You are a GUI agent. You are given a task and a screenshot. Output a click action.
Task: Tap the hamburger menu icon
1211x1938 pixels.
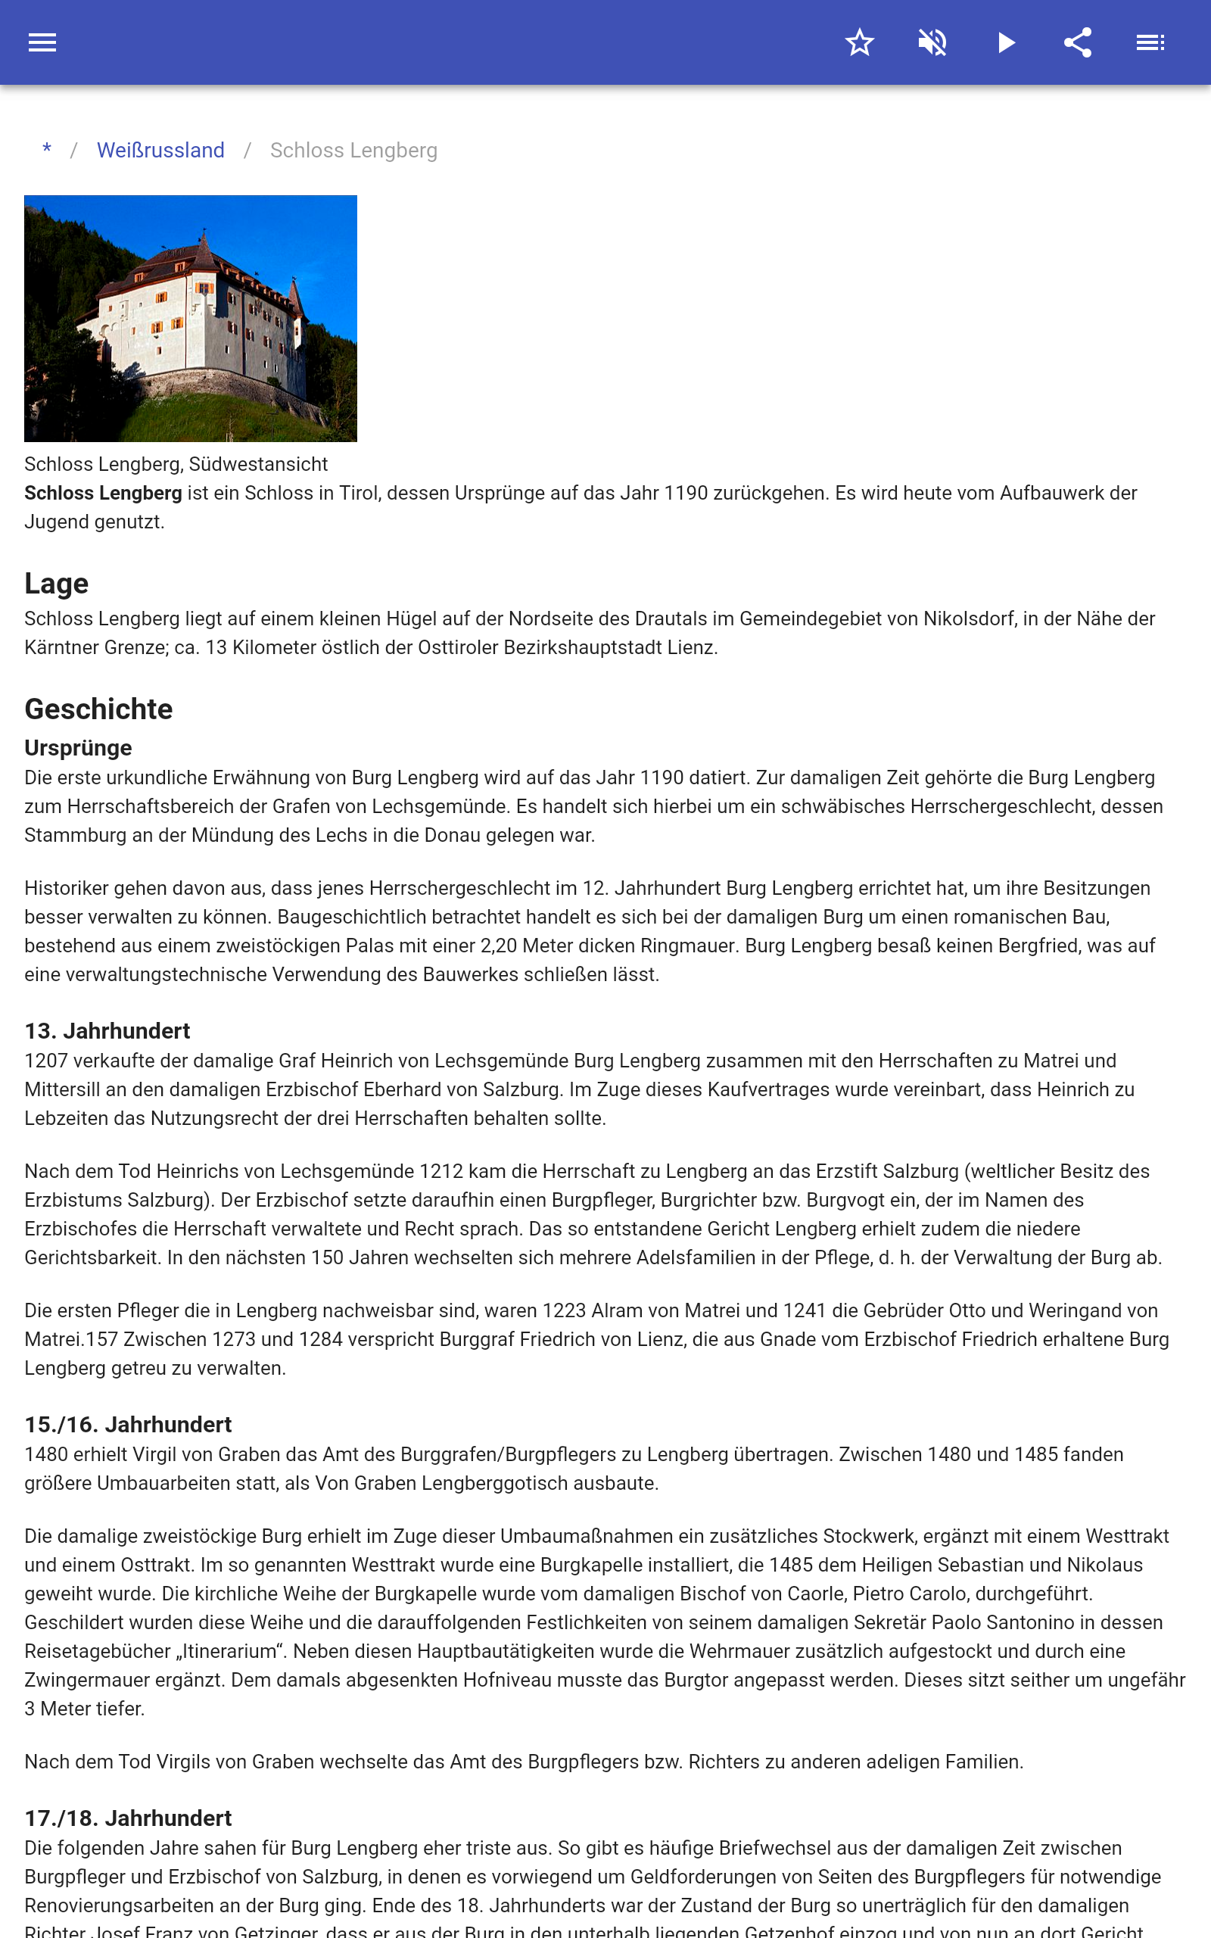(42, 42)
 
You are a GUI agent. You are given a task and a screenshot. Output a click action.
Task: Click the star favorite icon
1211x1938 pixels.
(859, 42)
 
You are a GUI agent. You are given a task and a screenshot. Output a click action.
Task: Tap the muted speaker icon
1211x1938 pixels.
(932, 42)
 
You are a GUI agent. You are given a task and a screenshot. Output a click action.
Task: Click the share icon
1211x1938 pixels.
(1078, 42)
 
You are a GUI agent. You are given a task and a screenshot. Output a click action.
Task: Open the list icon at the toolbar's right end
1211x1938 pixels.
(1150, 42)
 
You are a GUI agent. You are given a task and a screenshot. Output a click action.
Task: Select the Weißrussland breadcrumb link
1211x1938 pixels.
(160, 151)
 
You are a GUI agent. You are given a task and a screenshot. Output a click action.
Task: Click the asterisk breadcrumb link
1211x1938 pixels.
(47, 150)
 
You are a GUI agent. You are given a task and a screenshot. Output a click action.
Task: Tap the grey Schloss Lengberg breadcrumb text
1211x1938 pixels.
(353, 151)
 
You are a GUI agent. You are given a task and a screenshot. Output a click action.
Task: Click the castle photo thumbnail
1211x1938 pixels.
(191, 318)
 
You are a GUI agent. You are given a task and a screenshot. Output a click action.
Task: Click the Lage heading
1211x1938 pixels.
(56, 584)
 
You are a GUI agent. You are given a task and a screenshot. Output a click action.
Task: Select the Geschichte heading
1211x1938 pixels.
(98, 709)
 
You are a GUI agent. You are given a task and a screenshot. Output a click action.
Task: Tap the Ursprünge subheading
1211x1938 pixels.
(78, 748)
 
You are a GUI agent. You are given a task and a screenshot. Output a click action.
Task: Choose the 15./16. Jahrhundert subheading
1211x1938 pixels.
(127, 1425)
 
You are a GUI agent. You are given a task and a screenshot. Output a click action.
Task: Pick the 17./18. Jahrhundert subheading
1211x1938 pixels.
(127, 1818)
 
